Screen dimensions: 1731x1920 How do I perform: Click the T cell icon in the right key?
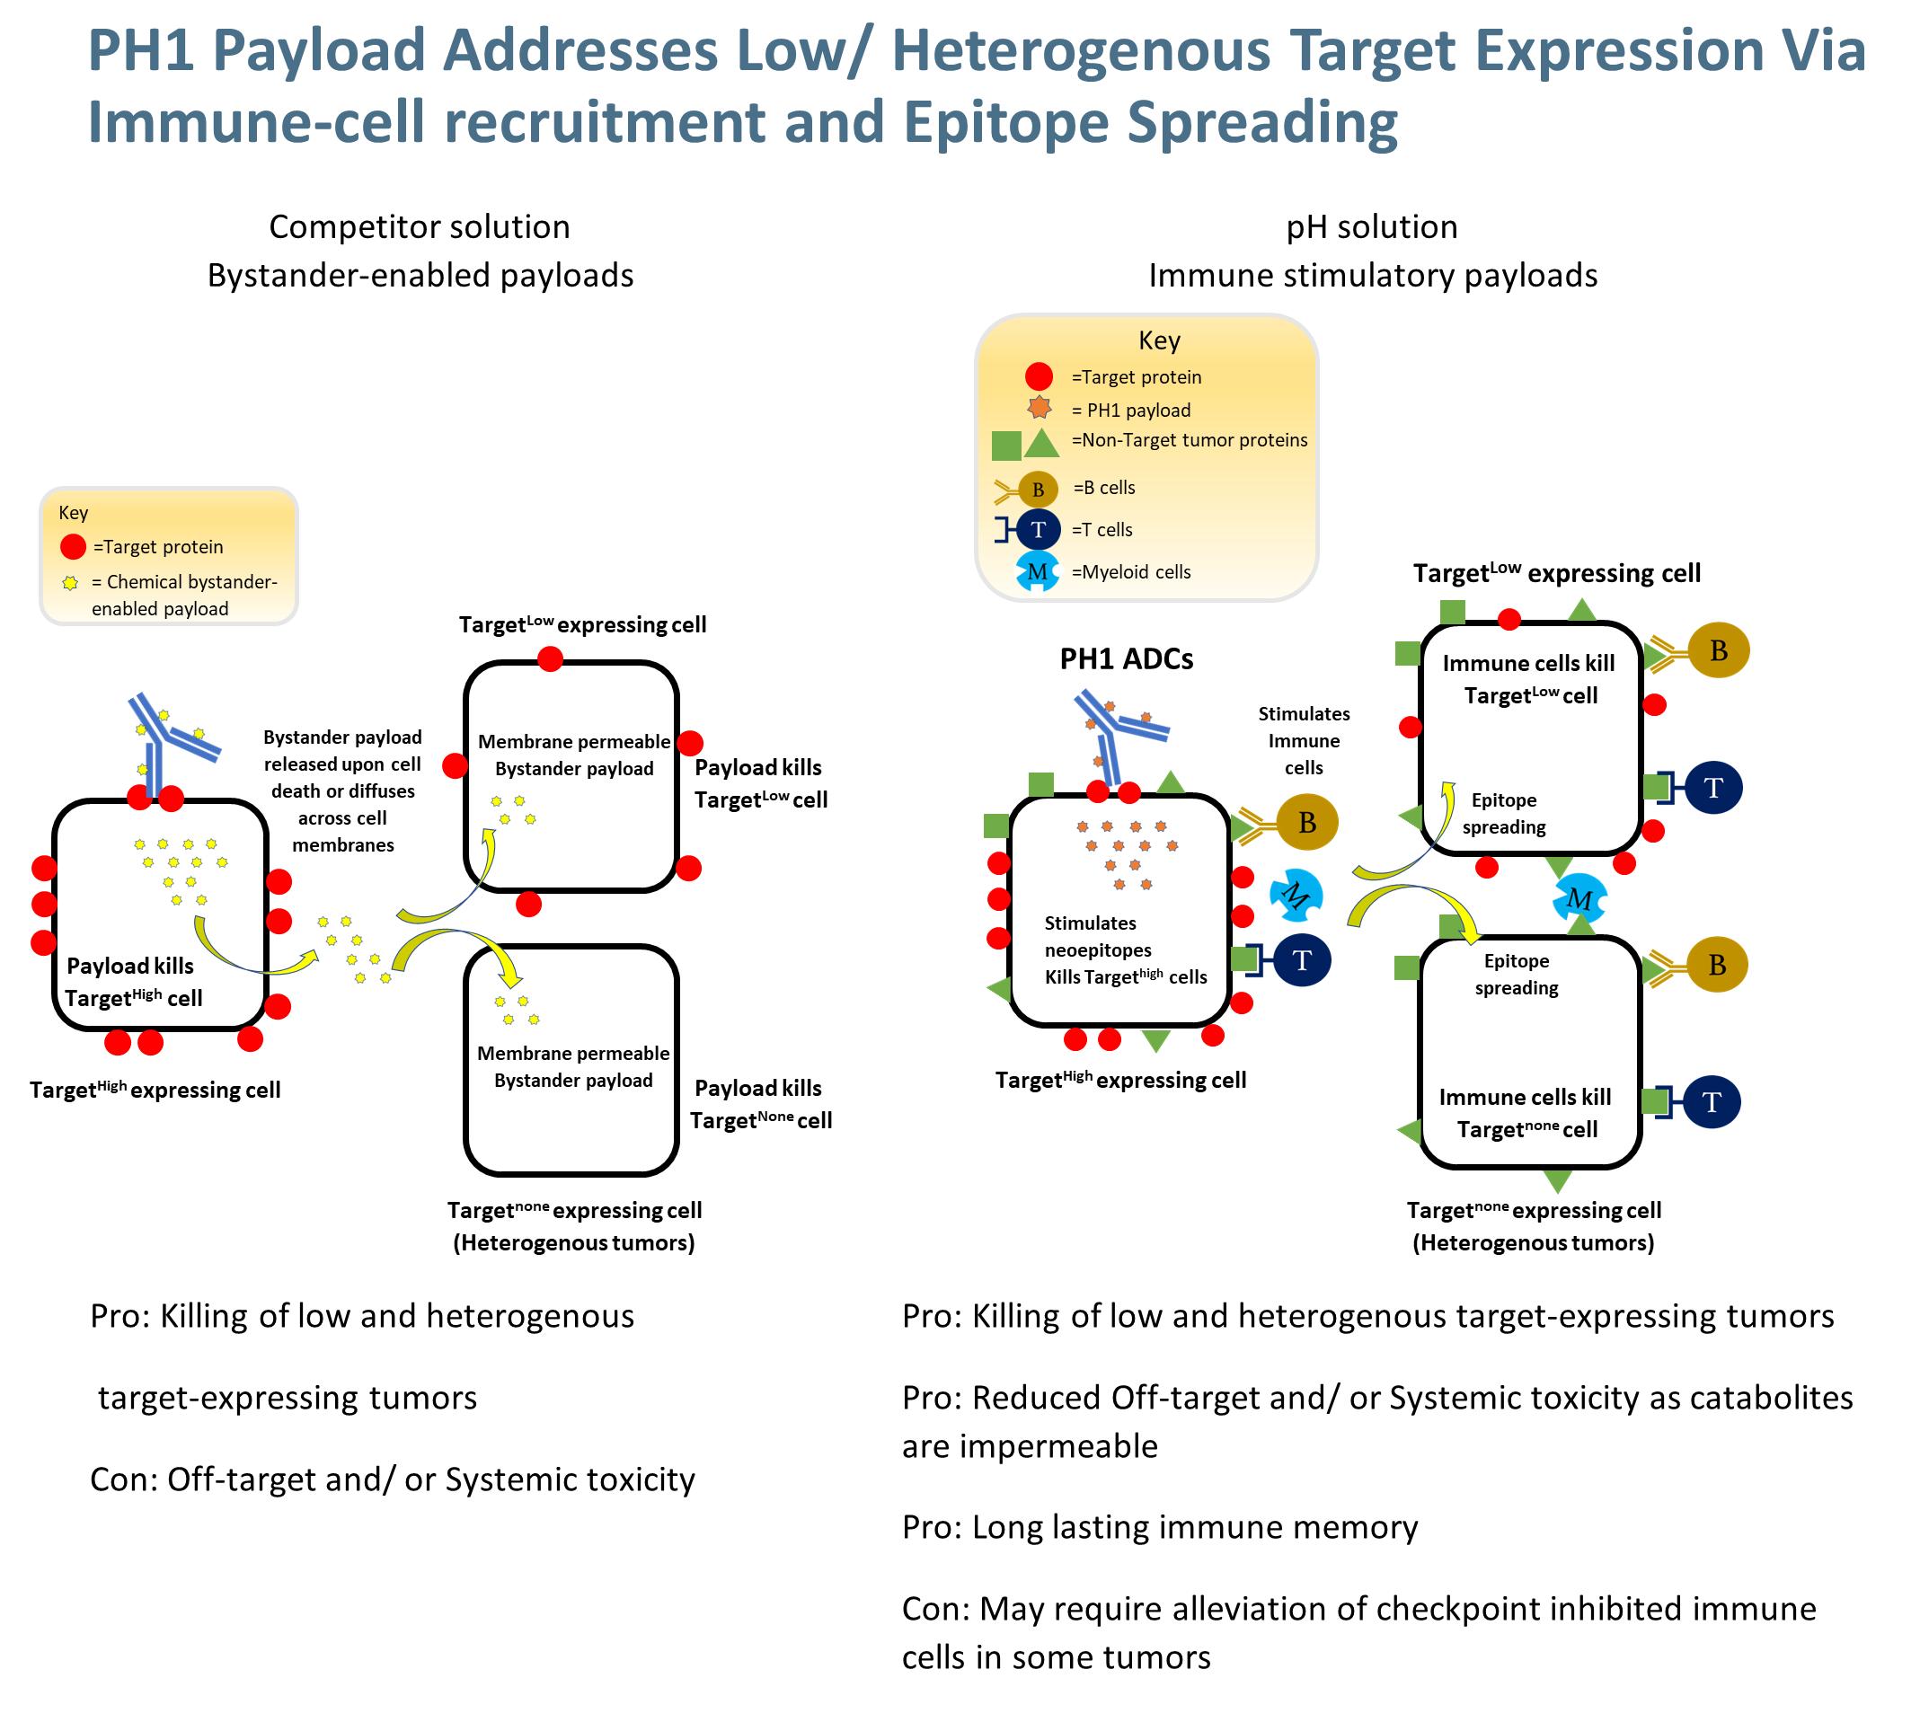tap(1037, 530)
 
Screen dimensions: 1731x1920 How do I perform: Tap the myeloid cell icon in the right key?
tap(1037, 571)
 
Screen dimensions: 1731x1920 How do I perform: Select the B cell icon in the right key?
tap(1037, 489)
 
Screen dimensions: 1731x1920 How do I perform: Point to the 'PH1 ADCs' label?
tap(1126, 659)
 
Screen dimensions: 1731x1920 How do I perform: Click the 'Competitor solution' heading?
tap(420, 227)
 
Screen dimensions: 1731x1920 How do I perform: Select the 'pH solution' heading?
tap(1371, 227)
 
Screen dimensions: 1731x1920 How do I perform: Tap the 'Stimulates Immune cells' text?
tap(1304, 740)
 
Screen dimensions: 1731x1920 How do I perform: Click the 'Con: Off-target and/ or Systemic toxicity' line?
tap(392, 1479)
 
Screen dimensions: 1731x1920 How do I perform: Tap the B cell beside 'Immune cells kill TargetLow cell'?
tap(1718, 650)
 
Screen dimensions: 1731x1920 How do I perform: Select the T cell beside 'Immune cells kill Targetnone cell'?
tap(1712, 1101)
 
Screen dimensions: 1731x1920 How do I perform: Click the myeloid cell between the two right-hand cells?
tap(1579, 897)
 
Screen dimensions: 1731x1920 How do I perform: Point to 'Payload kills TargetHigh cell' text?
tap(133, 982)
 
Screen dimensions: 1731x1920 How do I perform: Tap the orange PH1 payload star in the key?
tap(1039, 408)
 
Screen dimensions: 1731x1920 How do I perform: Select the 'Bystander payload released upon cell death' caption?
tap(342, 790)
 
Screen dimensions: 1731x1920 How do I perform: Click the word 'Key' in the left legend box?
tap(74, 513)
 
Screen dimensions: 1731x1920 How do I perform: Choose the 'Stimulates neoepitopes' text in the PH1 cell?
tap(1097, 936)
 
